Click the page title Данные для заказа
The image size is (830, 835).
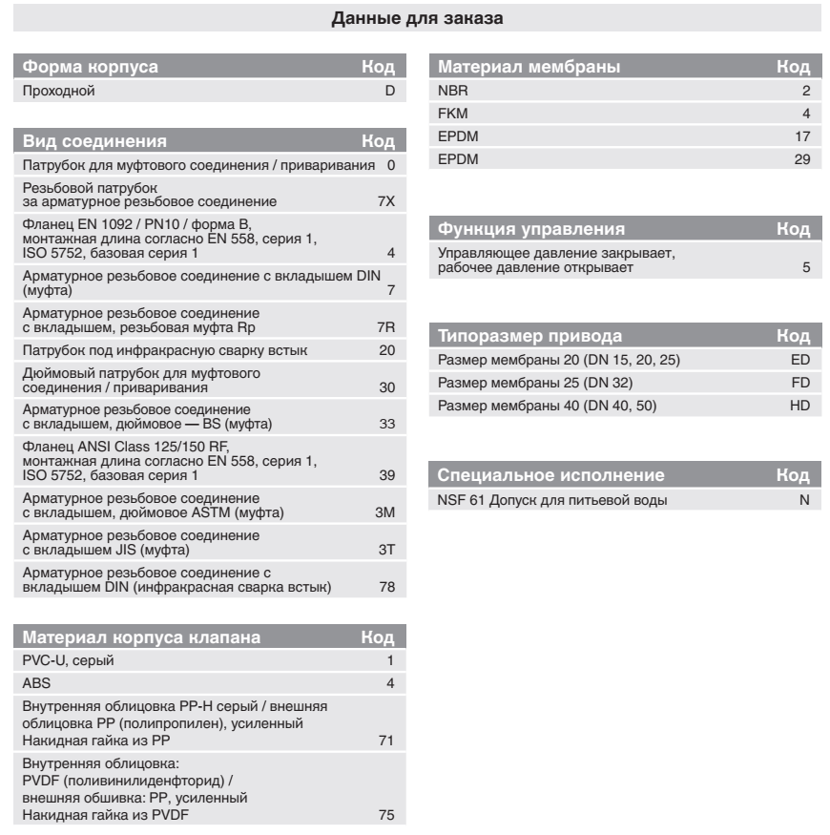pyautogui.click(x=415, y=17)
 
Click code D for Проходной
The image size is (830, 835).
pyautogui.click(x=388, y=92)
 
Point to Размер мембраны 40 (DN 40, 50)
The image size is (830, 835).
pyautogui.click(x=547, y=406)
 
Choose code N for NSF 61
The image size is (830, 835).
pyautogui.click(x=804, y=500)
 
